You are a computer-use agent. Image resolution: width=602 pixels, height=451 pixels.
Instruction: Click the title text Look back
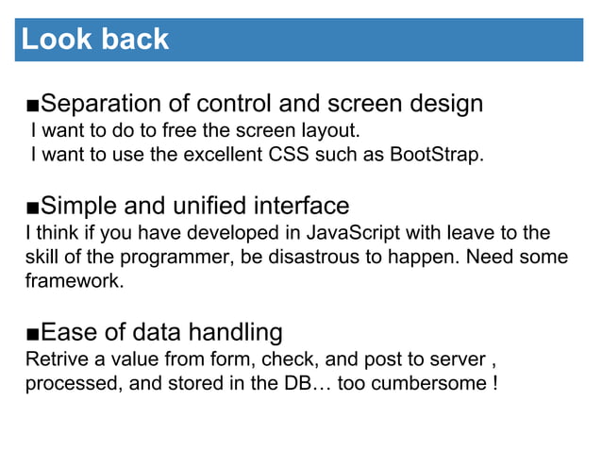[95, 40]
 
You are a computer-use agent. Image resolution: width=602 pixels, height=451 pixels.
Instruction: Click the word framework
[73, 281]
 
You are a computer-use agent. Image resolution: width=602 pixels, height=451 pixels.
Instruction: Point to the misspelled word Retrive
[54, 359]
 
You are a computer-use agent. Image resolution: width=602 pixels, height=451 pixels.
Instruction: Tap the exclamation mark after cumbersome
[496, 384]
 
